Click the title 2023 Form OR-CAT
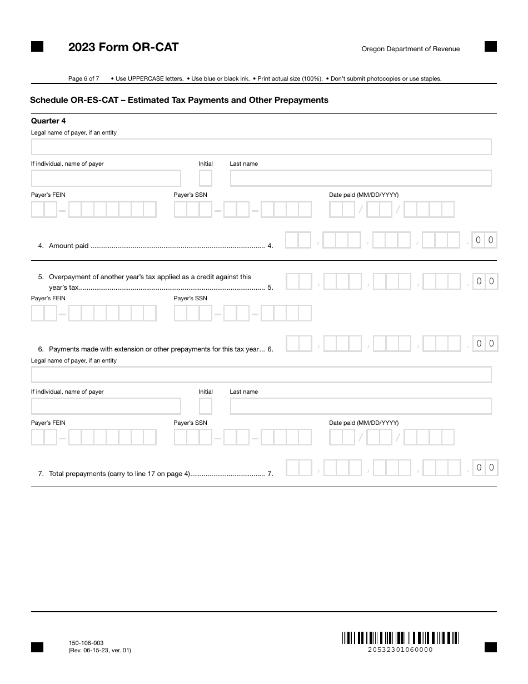coord(123,48)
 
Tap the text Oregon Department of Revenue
coord(411,49)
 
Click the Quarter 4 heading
coord(48,121)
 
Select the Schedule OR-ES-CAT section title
coord(179,100)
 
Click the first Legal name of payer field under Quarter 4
coord(261,147)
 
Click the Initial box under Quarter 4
coord(206,179)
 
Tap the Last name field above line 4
coord(361,179)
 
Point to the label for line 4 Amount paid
coord(69,246)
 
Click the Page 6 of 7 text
coord(84,78)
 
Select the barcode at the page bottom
coord(400,638)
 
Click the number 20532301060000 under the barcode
coord(400,650)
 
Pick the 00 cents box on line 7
coord(485,468)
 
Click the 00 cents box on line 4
coord(484,240)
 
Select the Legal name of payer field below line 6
coord(261,375)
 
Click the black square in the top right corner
coord(491,47)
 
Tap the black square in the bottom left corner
coord(37,647)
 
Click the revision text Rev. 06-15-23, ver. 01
coord(99,650)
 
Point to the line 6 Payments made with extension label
coord(154,349)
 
